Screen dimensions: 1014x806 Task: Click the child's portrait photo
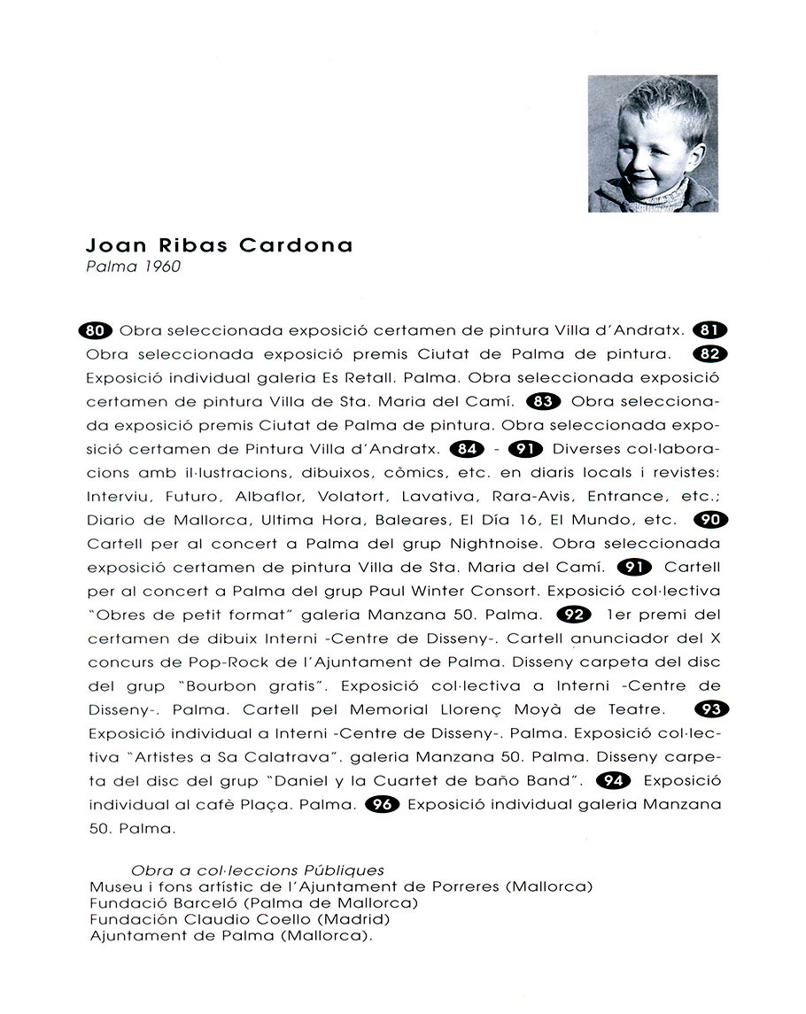(x=653, y=143)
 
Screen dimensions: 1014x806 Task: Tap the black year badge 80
(x=97, y=331)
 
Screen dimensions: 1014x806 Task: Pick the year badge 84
(x=467, y=448)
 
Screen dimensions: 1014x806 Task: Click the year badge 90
(x=709, y=520)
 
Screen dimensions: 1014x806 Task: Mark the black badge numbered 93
(x=710, y=708)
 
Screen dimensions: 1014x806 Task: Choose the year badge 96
(x=382, y=804)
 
